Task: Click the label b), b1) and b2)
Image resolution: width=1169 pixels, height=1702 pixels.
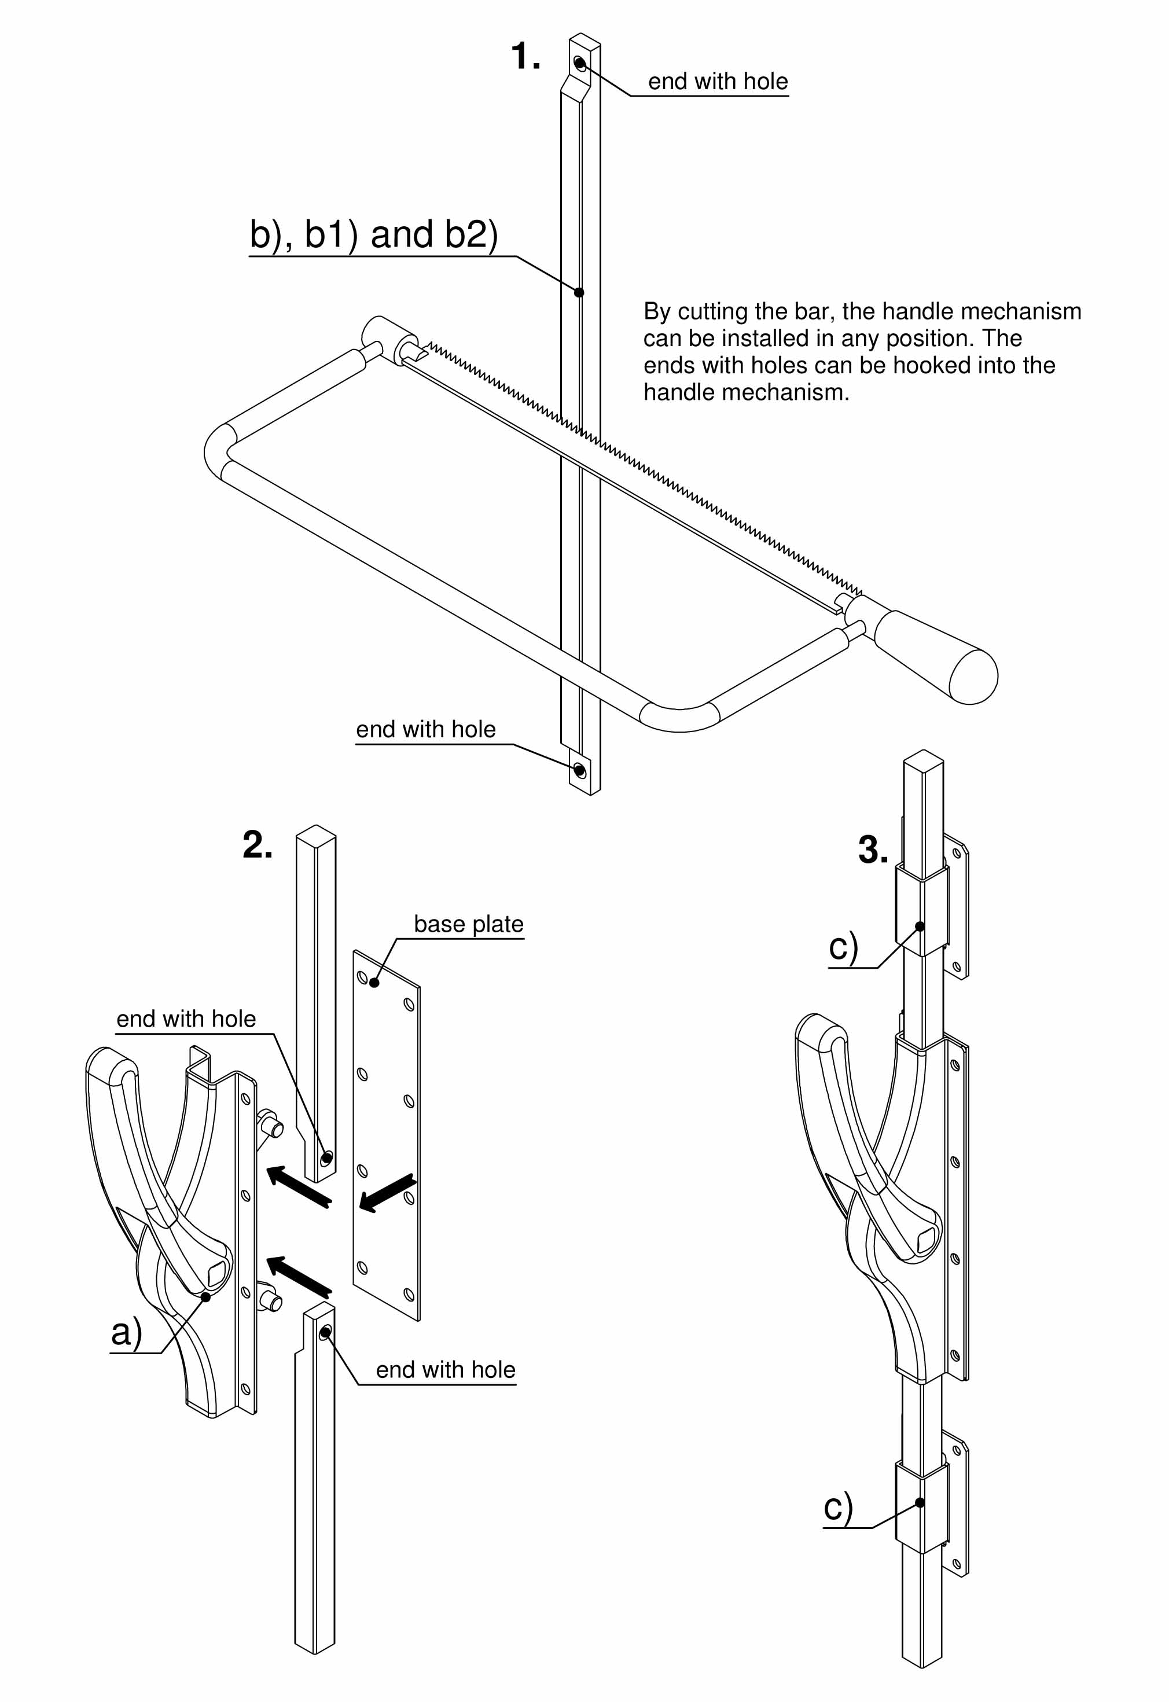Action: tap(373, 234)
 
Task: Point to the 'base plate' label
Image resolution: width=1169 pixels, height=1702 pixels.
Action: tap(468, 924)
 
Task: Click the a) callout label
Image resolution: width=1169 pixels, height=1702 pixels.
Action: tap(126, 1332)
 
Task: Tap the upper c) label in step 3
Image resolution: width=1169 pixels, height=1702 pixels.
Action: tap(843, 947)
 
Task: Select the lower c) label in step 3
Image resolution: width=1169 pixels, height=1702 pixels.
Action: tap(838, 1507)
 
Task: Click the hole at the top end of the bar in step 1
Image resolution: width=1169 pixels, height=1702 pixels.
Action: tap(579, 64)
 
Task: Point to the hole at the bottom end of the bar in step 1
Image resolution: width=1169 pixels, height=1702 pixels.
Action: tap(579, 770)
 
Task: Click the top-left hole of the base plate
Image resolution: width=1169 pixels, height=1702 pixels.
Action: tap(362, 977)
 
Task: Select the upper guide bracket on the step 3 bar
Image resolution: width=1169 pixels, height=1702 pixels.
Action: tap(921, 910)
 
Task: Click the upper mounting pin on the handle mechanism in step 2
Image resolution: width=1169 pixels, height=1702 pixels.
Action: tap(273, 1126)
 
